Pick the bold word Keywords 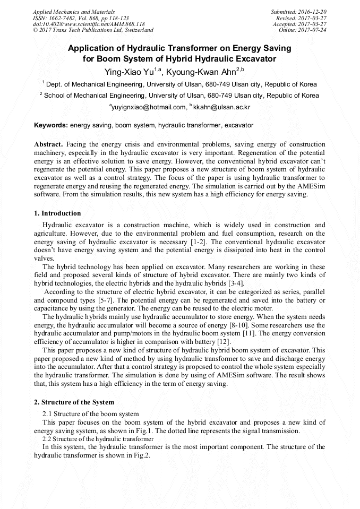click(x=50, y=125)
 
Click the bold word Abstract click(x=48, y=144)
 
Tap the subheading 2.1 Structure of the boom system click(x=91, y=413)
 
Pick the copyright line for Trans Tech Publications click(x=93, y=30)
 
